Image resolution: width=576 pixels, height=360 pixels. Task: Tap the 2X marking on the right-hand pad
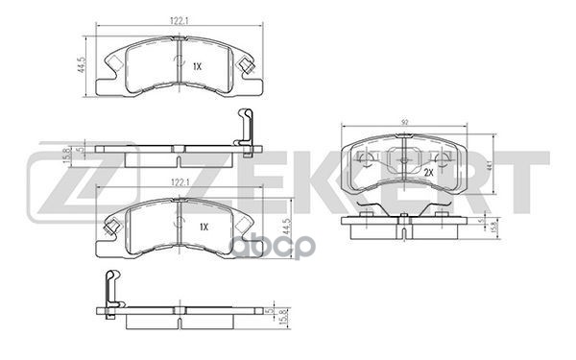[x=427, y=172]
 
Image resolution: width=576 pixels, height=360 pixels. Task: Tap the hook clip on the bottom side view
[x=112, y=289]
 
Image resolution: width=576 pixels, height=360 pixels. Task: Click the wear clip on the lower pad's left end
[x=111, y=227]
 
